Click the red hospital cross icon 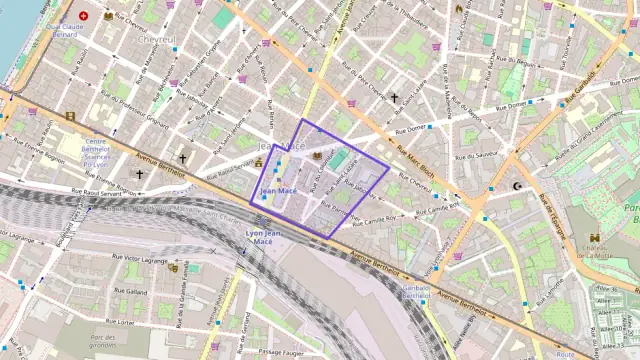pyautogui.click(x=83, y=16)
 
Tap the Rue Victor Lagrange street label pyautogui.click(x=139, y=260)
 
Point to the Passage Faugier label pyautogui.click(x=281, y=352)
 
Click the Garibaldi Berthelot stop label pyautogui.click(x=416, y=291)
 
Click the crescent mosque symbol pyautogui.click(x=517, y=186)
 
